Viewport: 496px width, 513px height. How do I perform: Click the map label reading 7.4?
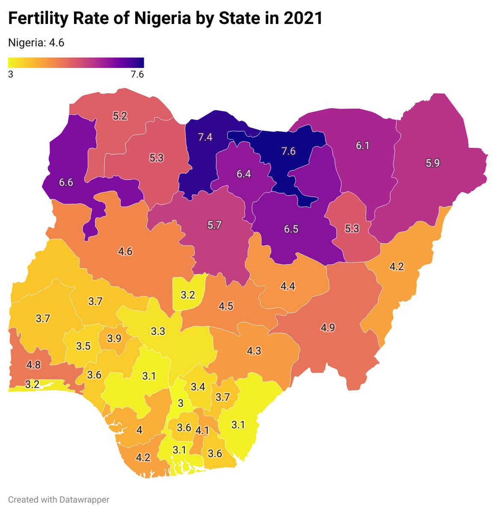point(205,137)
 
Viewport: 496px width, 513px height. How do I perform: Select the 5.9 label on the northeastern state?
point(433,163)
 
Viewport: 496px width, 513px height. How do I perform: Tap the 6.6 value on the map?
point(66,183)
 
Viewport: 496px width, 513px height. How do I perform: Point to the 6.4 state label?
point(244,174)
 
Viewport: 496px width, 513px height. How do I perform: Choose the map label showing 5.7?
point(214,225)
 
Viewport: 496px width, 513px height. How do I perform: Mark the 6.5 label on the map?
point(291,229)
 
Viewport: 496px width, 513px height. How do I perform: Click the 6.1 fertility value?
point(362,146)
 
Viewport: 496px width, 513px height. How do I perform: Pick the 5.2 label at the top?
point(120,115)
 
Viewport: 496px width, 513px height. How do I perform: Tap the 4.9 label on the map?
point(328,328)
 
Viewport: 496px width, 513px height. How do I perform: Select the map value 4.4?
point(288,286)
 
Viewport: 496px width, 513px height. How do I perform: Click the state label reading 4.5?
point(226,307)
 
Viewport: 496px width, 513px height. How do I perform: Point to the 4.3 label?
point(254,351)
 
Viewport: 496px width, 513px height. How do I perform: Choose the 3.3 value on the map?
point(158,331)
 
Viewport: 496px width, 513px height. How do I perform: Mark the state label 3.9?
point(114,338)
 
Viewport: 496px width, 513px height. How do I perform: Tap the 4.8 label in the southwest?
point(33,365)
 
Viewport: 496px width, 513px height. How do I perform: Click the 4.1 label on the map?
point(202,430)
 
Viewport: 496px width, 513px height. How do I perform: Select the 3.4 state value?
point(198,387)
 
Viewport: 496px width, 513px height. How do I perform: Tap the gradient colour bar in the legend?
point(76,62)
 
